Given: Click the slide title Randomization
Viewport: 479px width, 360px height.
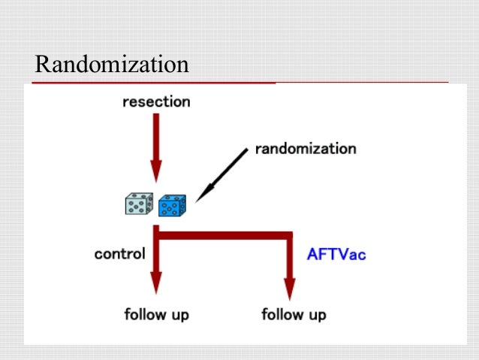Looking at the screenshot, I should point(111,65).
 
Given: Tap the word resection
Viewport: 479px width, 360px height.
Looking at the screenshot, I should point(156,101).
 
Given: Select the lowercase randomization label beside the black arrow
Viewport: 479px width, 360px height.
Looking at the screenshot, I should point(306,148).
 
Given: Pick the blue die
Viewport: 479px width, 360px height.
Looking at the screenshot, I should point(172,204).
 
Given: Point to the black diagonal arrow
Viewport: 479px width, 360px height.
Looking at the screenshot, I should point(221,175).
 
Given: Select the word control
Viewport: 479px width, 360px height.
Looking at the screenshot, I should point(120,253).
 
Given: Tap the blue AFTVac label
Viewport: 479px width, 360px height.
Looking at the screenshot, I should point(336,254).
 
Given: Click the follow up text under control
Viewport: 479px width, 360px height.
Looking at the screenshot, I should point(156,313).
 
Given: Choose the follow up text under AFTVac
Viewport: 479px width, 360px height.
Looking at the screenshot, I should point(294,313).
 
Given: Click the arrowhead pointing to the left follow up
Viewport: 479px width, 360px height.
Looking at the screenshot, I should point(156,283).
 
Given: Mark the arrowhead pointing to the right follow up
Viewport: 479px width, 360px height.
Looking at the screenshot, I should point(289,289).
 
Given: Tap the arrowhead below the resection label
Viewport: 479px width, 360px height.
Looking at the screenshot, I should point(156,172).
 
